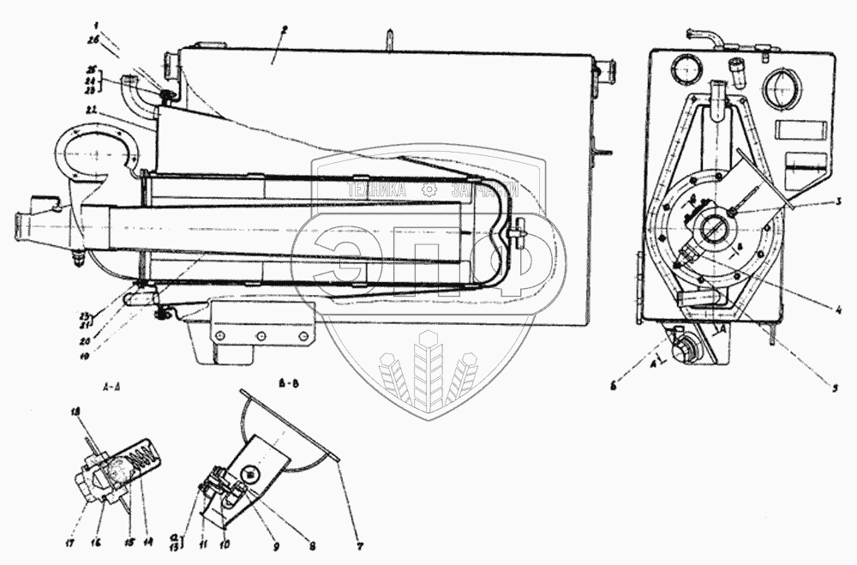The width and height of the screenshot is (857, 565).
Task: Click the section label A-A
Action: (x=111, y=388)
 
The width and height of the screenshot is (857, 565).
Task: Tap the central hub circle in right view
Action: (x=713, y=231)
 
